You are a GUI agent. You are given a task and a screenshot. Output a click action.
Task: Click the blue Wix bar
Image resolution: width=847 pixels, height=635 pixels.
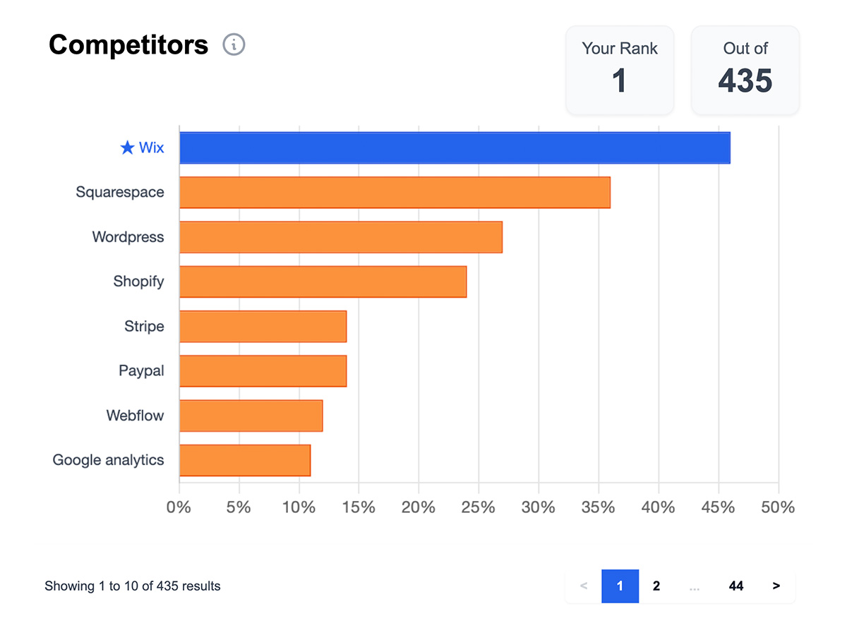pos(455,147)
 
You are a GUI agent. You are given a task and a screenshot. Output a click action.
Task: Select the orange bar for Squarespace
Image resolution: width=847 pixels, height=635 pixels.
pos(395,193)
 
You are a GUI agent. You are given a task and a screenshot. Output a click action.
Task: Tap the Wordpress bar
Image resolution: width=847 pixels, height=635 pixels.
pos(341,237)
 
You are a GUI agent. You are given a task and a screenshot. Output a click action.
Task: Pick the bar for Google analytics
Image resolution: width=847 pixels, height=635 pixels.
pos(245,460)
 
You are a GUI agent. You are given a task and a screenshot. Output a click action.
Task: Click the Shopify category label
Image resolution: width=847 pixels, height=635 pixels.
pos(138,282)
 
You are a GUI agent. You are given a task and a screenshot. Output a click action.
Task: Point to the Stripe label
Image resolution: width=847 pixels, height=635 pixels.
pos(144,326)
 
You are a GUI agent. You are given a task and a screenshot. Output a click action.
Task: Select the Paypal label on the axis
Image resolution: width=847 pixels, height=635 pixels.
pos(141,370)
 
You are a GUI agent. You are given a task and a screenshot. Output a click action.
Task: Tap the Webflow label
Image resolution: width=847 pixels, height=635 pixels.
pos(135,416)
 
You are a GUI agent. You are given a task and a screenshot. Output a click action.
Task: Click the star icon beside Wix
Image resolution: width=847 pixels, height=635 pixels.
pos(127,147)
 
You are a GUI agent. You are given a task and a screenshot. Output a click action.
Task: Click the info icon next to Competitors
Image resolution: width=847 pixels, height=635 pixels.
pos(234,45)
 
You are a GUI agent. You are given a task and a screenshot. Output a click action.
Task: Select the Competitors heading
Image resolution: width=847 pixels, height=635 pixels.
pos(128,45)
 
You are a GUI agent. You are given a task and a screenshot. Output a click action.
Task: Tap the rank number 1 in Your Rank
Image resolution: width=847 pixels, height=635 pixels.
pos(619,80)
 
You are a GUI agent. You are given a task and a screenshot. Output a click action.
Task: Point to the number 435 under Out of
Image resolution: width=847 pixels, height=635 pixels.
pos(745,80)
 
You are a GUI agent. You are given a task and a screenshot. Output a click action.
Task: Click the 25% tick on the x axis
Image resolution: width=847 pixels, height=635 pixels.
pos(479,507)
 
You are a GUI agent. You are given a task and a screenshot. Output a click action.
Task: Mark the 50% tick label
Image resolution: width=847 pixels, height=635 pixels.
pos(778,507)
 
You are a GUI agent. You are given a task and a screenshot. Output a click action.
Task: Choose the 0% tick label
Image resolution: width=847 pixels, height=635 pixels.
pos(179,507)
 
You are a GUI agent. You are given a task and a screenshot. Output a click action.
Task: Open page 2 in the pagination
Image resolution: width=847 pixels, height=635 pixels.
pos(656,586)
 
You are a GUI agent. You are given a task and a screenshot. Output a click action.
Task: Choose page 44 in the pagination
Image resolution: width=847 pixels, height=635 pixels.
pos(735,586)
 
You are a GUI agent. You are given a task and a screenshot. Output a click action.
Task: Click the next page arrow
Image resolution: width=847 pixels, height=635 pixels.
pos(776,586)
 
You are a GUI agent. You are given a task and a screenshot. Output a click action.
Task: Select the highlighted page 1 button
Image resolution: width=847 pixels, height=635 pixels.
pos(620,586)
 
